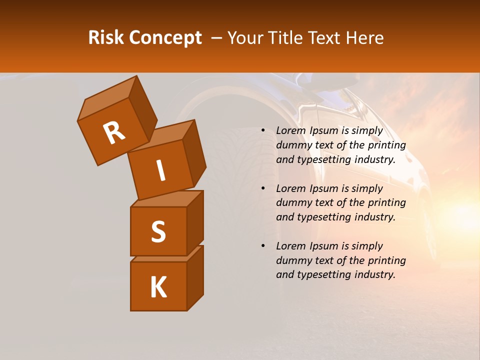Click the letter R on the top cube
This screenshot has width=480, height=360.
tap(114, 132)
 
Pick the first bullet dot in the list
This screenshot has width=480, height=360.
tap(263, 131)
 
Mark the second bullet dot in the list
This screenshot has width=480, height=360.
tap(263, 188)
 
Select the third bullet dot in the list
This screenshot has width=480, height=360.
tap(263, 246)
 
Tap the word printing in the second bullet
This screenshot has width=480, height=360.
tap(386, 203)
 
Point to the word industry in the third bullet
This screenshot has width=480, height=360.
tap(374, 274)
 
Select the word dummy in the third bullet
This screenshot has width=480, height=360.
tap(292, 260)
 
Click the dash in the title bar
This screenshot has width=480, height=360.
tap(216, 38)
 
